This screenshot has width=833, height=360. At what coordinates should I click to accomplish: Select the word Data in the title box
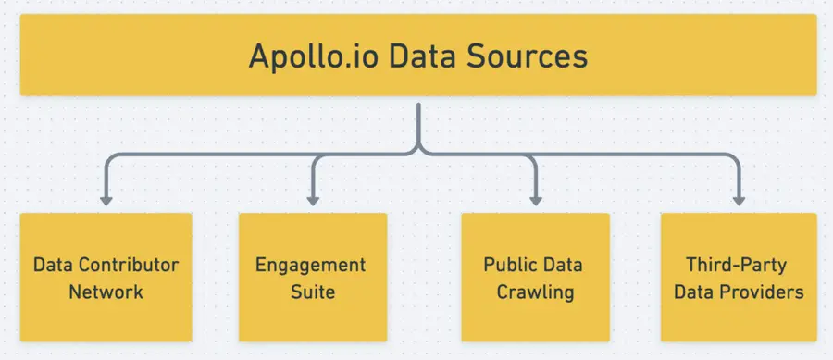pos(417,56)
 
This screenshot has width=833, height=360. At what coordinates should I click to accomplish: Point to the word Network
pos(106,292)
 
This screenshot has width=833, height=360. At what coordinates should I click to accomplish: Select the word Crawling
pos(535,292)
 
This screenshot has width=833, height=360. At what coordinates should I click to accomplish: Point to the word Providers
pos(765,292)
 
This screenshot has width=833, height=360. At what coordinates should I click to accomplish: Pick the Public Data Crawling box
pos(535,278)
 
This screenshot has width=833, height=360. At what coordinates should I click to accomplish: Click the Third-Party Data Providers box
pos(738,278)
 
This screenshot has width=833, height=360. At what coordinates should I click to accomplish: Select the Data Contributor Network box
pos(106,278)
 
